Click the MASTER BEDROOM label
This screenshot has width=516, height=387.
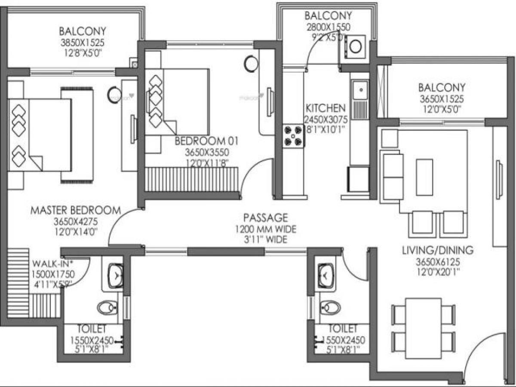[x=75, y=211]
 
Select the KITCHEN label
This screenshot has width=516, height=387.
[x=325, y=107]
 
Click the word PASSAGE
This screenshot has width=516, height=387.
[x=265, y=218]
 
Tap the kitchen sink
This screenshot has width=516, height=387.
[x=359, y=91]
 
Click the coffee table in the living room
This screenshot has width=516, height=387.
[x=424, y=176]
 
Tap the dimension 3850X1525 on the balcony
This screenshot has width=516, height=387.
[x=82, y=43]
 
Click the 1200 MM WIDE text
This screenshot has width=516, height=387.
[x=265, y=229]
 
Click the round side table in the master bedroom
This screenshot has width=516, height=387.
[x=114, y=94]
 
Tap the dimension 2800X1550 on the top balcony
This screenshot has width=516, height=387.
[x=328, y=27]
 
